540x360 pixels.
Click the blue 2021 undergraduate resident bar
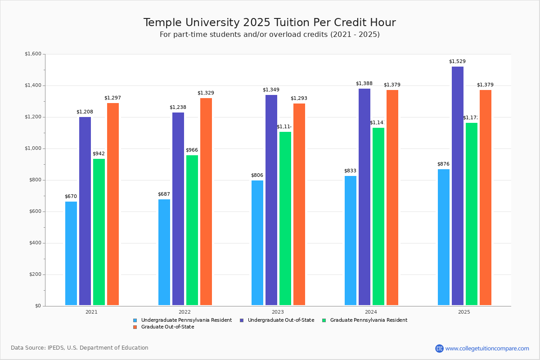(71, 253)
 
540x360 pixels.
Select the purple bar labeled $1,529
(458, 186)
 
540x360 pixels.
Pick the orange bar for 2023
(299, 204)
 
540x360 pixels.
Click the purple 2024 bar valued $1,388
(364, 197)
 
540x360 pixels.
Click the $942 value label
(99, 154)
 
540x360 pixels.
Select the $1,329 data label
(206, 93)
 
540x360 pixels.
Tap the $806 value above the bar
(257, 175)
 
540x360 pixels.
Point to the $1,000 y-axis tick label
(33, 148)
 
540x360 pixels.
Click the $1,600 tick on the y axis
(33, 54)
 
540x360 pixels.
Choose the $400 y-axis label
(34, 243)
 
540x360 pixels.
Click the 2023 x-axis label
(278, 312)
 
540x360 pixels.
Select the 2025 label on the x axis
(464, 312)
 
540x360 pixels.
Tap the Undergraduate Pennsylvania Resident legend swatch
(135, 320)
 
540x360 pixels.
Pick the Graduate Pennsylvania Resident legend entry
(368, 320)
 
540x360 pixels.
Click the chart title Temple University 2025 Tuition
(270, 22)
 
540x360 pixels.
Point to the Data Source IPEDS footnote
(80, 348)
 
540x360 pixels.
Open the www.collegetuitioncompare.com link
(487, 348)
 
